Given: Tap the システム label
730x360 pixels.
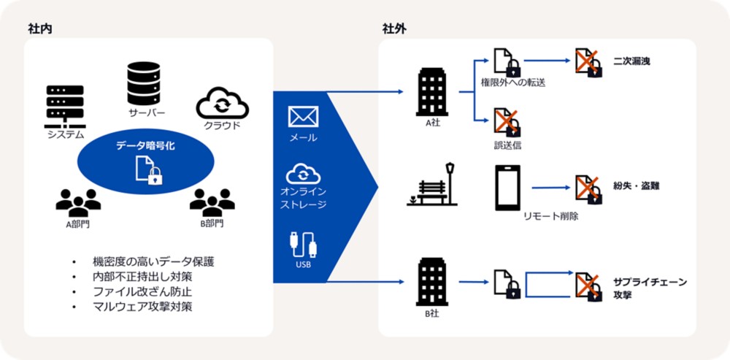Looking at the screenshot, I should click(x=66, y=134).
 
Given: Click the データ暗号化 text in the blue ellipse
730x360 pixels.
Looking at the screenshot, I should click(x=145, y=146).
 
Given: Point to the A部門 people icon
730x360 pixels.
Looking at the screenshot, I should click(x=77, y=202).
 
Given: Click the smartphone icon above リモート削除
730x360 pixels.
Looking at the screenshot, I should click(x=507, y=187).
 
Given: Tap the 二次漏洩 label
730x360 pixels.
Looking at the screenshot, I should click(x=631, y=61).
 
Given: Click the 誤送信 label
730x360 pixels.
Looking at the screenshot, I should click(x=507, y=145).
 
